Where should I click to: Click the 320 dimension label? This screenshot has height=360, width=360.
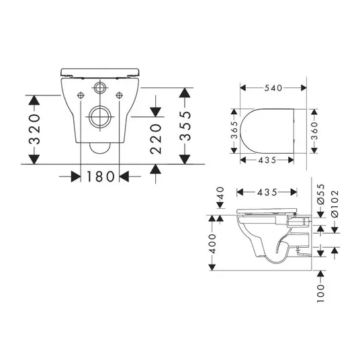(x=35, y=129)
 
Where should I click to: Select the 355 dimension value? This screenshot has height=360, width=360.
(x=185, y=126)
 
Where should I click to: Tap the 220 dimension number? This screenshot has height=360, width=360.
(x=156, y=138)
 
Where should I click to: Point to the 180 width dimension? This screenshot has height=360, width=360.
(x=100, y=177)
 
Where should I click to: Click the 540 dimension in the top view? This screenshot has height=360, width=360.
(x=273, y=88)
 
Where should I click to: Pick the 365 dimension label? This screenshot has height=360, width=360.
(x=234, y=130)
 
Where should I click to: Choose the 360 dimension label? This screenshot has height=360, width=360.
(x=314, y=131)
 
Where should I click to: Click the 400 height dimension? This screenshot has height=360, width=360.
(x=213, y=244)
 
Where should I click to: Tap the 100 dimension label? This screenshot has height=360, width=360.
(x=321, y=294)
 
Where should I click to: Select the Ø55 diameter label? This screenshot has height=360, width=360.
(x=321, y=194)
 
